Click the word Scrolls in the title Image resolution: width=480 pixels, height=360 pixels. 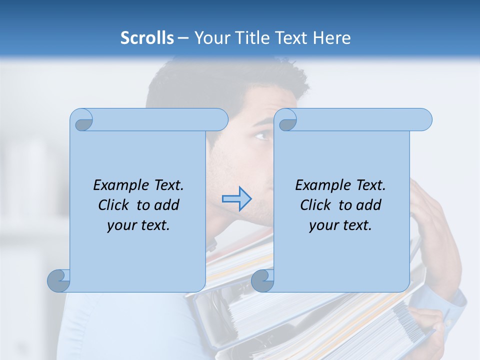(x=147, y=38)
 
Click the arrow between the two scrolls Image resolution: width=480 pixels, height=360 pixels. (x=236, y=199)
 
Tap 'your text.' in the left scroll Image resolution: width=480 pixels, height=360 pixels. (x=138, y=225)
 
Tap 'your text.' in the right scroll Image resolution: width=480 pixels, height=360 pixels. (x=340, y=225)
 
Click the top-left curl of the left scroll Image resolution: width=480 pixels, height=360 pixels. (x=82, y=120)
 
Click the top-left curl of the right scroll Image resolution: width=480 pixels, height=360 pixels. (x=286, y=120)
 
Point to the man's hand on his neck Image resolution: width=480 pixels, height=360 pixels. (x=430, y=210)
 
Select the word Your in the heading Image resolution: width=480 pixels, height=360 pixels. (x=210, y=38)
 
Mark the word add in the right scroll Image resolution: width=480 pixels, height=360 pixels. (x=369, y=205)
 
